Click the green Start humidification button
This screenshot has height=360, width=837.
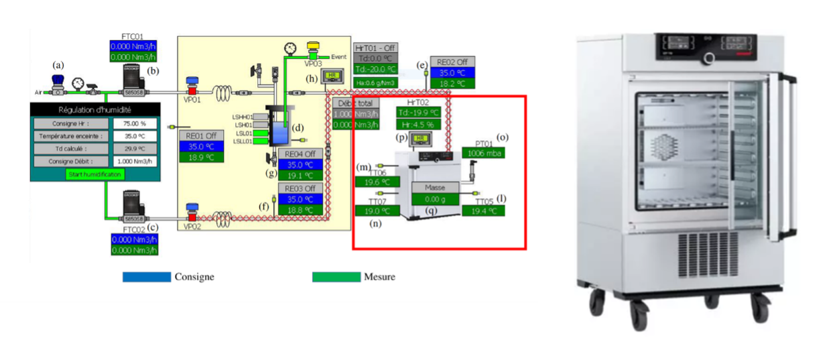tap(95, 174)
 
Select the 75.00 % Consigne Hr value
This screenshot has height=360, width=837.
tap(139, 123)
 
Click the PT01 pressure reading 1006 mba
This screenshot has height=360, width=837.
tap(482, 153)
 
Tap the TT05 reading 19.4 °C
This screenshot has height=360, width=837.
tap(482, 211)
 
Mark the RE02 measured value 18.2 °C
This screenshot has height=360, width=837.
tap(452, 84)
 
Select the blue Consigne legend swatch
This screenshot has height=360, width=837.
tap(146, 276)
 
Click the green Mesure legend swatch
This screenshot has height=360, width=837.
tap(336, 276)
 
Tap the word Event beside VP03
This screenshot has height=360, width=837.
tap(338, 57)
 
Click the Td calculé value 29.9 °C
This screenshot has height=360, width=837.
tap(139, 149)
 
